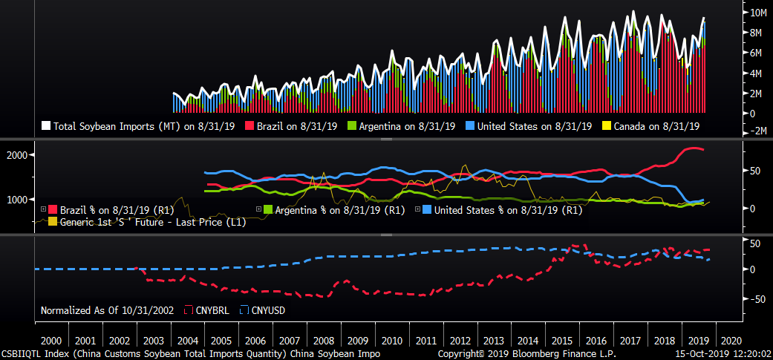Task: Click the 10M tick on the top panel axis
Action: coord(758,13)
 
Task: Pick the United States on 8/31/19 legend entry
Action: coord(529,126)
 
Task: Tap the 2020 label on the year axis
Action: coord(732,340)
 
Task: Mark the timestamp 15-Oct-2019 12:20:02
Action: coord(723,354)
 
